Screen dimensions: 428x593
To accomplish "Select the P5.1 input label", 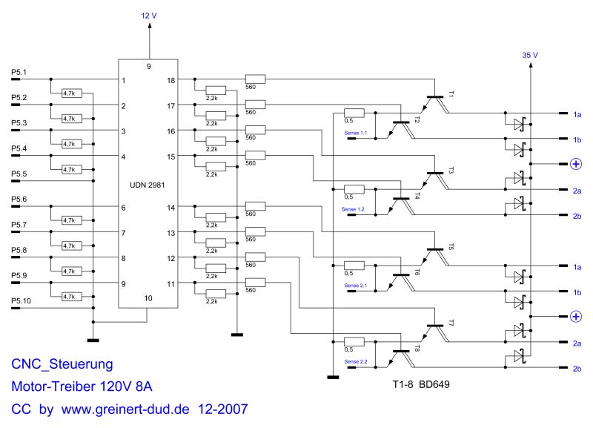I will click(x=19, y=73).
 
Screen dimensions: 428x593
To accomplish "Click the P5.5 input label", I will click(x=19, y=174).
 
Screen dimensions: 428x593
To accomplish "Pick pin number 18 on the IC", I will click(x=171, y=80).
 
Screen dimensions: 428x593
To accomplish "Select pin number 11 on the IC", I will click(x=171, y=284).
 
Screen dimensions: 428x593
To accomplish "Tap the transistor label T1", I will click(x=450, y=94).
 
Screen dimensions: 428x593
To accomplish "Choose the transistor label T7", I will click(x=450, y=323).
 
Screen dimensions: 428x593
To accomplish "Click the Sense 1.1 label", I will click(x=355, y=133).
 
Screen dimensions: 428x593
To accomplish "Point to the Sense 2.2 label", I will click(x=355, y=361).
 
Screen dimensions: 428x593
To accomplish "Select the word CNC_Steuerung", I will click(x=62, y=364).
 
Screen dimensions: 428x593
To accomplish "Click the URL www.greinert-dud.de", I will click(x=126, y=409).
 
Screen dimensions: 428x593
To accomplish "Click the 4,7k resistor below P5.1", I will click(x=71, y=93).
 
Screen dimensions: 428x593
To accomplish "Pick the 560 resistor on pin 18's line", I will click(x=255, y=79).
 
